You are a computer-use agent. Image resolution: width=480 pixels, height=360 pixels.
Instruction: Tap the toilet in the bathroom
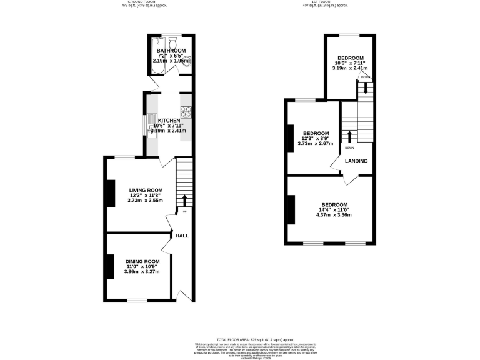coord(186,61)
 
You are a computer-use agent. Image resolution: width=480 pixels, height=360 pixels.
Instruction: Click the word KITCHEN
coord(169,121)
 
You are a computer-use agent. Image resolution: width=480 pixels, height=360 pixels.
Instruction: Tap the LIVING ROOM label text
coord(146,190)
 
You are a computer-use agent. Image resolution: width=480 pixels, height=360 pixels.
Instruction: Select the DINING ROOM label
coord(142,261)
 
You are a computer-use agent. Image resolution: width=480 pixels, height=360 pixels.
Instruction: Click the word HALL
coord(182,236)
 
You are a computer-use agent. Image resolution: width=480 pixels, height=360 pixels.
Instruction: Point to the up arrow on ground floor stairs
coord(184,200)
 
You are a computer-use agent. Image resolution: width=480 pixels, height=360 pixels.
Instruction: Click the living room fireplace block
coord(110,193)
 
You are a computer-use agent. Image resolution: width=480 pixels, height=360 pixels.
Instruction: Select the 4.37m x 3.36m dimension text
coord(334,215)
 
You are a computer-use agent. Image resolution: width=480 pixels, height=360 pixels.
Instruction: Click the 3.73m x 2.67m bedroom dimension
coord(316,143)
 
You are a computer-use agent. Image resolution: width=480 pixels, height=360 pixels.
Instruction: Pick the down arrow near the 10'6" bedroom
coord(366,89)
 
